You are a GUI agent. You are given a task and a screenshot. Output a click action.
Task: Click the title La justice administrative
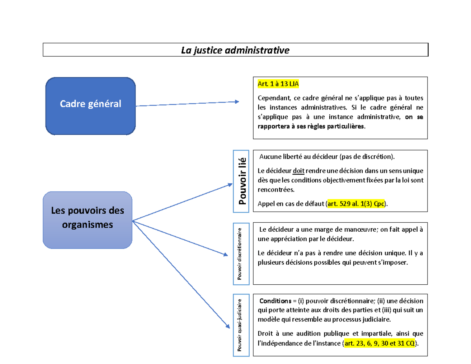[x=235, y=50]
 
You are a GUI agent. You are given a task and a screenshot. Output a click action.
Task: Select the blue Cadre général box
[x=91, y=104]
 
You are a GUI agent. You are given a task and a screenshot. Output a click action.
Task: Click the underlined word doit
[x=298, y=171]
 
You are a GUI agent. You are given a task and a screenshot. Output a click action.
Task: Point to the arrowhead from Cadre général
[x=237, y=102]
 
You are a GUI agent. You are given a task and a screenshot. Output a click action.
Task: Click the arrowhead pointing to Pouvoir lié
[x=230, y=183]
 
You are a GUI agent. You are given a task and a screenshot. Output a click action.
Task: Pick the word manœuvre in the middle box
[x=360, y=230]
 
